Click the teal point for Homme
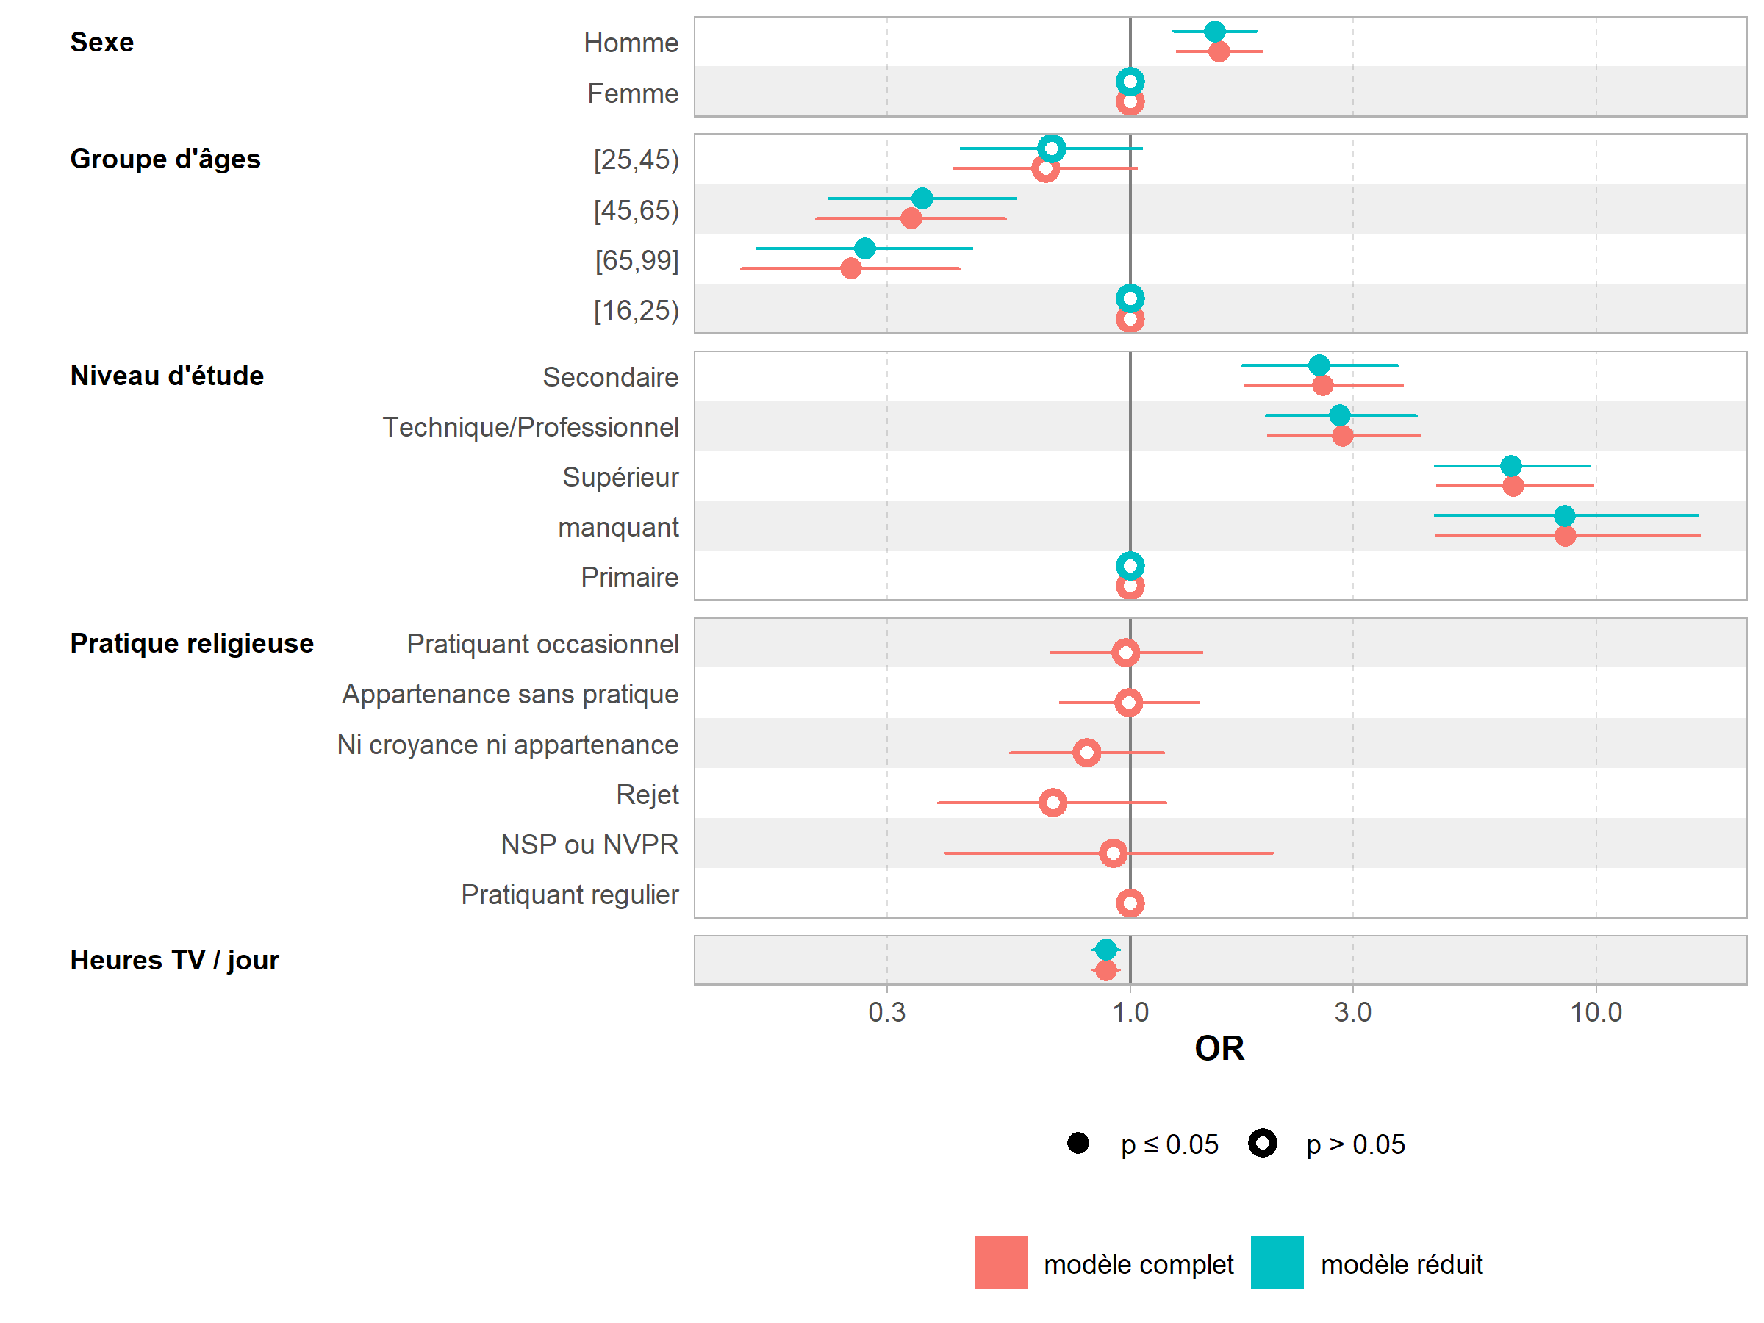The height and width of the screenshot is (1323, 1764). [x=1213, y=32]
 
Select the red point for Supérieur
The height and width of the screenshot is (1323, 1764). [x=1512, y=486]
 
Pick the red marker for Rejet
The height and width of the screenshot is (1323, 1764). [x=1053, y=803]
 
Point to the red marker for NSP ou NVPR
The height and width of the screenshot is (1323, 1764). [x=1113, y=853]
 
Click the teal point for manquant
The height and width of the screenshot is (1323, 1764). [x=1564, y=516]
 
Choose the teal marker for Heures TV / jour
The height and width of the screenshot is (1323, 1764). [x=1105, y=950]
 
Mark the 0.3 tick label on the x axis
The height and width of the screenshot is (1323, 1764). [x=887, y=1012]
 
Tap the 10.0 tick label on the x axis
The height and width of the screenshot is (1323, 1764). [x=1595, y=1012]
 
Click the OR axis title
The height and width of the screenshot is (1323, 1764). [x=1219, y=1049]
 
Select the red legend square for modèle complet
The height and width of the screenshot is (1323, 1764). [x=1000, y=1263]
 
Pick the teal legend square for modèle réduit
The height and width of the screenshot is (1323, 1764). [x=1277, y=1263]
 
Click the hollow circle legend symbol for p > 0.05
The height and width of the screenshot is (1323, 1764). [x=1263, y=1144]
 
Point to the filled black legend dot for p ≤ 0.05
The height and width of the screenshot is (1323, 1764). [x=1078, y=1144]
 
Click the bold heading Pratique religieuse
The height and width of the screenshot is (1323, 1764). [x=191, y=644]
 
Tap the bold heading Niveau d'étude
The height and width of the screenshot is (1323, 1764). [x=167, y=376]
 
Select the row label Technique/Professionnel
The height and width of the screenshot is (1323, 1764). [x=531, y=428]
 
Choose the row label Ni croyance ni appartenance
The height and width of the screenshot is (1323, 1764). [x=507, y=745]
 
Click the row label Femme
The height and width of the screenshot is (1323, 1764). [x=632, y=93]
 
